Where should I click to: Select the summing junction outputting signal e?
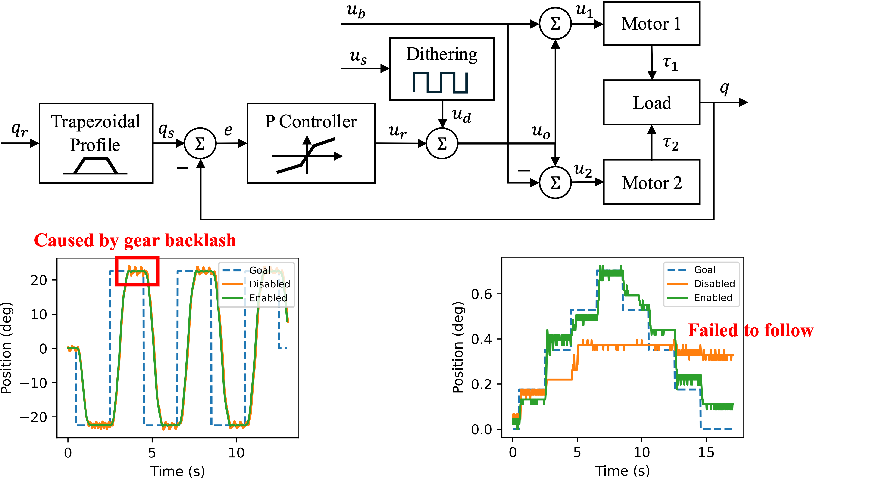[200, 143]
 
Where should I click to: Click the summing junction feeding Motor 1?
[555, 24]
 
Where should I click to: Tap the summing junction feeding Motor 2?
[555, 182]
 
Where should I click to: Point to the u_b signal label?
[356, 11]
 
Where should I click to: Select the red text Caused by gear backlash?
[135, 240]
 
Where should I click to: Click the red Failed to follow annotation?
[751, 331]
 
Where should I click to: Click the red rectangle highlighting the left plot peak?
[137, 271]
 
